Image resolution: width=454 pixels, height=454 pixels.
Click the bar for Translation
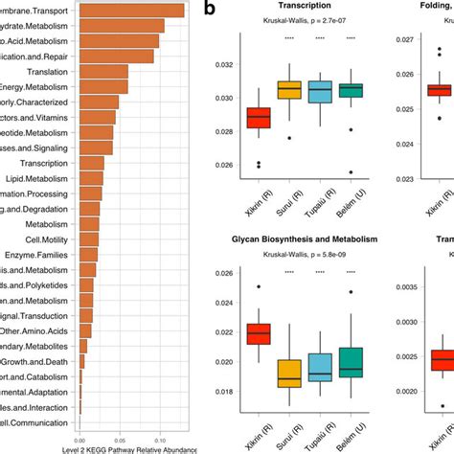point(102,71)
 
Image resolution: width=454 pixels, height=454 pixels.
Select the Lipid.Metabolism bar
point(91,177)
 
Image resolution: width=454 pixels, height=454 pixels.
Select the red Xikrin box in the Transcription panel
point(259,117)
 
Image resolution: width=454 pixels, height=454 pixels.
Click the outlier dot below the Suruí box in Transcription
point(289,138)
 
